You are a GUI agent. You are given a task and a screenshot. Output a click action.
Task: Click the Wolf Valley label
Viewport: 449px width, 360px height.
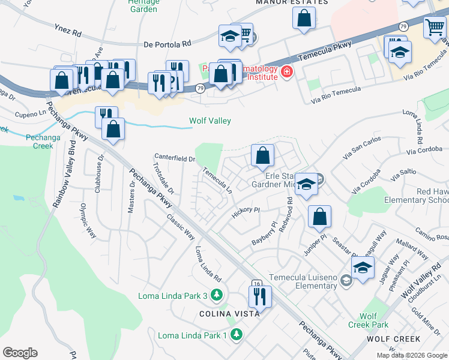coord(210,121)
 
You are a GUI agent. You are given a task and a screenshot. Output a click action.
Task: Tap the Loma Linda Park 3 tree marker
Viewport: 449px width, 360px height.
coord(217,295)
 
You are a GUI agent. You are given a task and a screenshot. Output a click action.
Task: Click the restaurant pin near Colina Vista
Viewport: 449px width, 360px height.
coord(260,296)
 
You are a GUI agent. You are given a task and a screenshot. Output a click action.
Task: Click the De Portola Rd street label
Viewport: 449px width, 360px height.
coord(167,44)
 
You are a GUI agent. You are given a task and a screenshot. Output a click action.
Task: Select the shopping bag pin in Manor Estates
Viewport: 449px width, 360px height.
coord(304,18)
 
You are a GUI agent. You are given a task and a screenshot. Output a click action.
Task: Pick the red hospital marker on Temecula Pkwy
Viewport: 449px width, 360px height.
coord(286,73)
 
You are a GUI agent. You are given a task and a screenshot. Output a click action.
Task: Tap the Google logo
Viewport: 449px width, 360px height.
coord(20,352)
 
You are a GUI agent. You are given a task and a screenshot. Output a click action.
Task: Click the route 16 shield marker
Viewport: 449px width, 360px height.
coord(256,284)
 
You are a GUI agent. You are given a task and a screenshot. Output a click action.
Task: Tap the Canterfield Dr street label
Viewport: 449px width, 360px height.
coord(175,158)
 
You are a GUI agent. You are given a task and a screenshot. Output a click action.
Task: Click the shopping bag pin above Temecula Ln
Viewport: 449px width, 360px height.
coord(262,155)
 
